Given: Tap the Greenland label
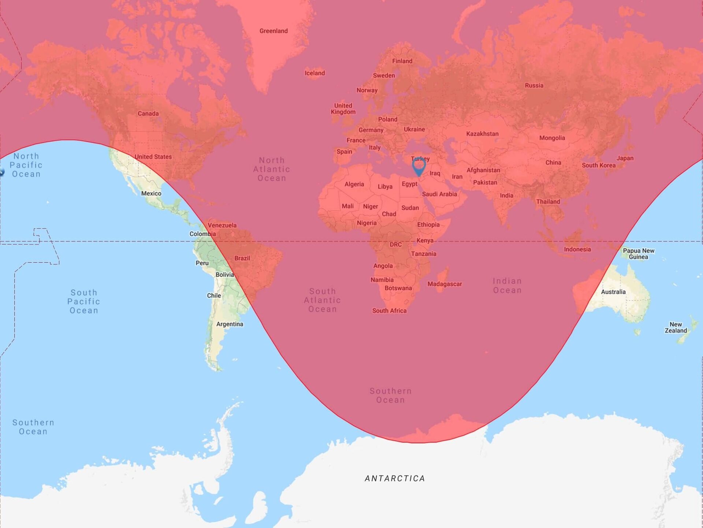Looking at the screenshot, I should [274, 31].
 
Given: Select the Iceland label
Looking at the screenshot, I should [315, 73].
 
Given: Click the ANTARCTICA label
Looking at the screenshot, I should [395, 479].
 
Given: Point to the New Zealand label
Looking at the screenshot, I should [676, 327].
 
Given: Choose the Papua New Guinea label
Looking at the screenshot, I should [639, 254].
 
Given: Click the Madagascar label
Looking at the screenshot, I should [445, 284].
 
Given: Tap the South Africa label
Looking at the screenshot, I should [389, 311].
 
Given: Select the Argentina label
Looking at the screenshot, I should [230, 324].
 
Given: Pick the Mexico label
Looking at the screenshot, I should [151, 193].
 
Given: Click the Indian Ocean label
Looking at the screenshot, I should [507, 286].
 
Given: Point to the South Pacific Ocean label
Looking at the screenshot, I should [84, 301].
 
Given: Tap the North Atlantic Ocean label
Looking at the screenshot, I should [272, 169].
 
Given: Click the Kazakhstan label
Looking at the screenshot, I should [482, 134].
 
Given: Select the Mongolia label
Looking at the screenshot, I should [552, 138].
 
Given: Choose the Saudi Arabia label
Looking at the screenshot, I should [439, 194].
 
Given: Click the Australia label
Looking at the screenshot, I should [613, 292].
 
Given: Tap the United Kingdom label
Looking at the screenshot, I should [343, 109].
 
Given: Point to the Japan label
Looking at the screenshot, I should [625, 158].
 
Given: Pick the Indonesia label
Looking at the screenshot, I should [577, 249].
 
